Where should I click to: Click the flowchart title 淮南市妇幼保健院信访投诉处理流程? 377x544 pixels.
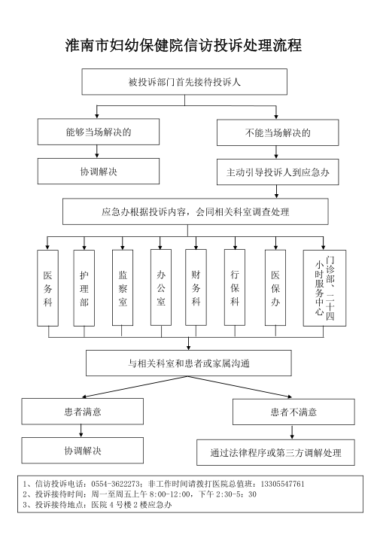click(x=184, y=45)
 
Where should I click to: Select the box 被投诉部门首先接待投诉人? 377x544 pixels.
click(x=184, y=82)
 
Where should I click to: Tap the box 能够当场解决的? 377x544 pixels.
click(x=99, y=132)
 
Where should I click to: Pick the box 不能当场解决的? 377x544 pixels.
click(x=278, y=132)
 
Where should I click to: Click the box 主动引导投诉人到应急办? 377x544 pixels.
click(x=278, y=172)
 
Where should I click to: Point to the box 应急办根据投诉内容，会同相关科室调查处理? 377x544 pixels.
click(x=195, y=211)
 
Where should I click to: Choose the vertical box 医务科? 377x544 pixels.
click(x=48, y=288)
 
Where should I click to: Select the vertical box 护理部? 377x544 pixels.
click(x=84, y=288)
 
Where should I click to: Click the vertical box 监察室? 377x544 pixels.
click(x=123, y=287)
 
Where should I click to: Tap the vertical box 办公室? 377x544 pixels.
click(x=161, y=287)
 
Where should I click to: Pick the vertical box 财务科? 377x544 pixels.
click(x=196, y=287)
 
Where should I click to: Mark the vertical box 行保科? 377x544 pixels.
click(x=235, y=287)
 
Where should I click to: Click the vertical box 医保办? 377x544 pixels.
click(x=275, y=287)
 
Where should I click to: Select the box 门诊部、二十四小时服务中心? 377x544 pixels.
click(x=324, y=288)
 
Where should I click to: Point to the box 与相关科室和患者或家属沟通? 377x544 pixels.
click(x=189, y=363)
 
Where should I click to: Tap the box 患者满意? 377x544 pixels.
click(x=83, y=412)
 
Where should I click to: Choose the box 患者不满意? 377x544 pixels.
click(x=293, y=412)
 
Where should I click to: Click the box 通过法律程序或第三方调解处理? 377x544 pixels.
click(x=275, y=452)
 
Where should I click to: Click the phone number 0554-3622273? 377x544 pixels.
click(x=115, y=484)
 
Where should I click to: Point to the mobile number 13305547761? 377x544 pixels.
click(x=282, y=484)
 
